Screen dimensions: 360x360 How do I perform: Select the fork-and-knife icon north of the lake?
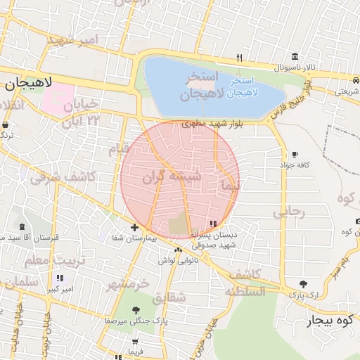tap(239, 58)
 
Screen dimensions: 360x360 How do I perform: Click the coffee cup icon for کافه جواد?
tap(294, 155)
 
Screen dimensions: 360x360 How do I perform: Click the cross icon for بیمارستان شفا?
tap(134, 227)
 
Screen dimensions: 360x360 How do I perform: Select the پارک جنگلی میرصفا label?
tap(135, 321)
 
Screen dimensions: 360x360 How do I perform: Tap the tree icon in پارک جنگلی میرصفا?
tap(136, 309)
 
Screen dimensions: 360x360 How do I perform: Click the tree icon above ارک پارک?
tap(303, 284)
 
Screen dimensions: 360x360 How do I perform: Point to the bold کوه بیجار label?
tap(327, 321)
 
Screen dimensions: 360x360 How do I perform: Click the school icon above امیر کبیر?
tap(60, 278)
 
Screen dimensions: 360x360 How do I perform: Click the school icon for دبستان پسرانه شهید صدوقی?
tap(214, 224)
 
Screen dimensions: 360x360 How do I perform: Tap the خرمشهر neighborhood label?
tap(129, 284)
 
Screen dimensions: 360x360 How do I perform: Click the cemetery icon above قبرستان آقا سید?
tap(22, 226)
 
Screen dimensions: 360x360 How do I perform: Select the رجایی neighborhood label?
tap(290, 211)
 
